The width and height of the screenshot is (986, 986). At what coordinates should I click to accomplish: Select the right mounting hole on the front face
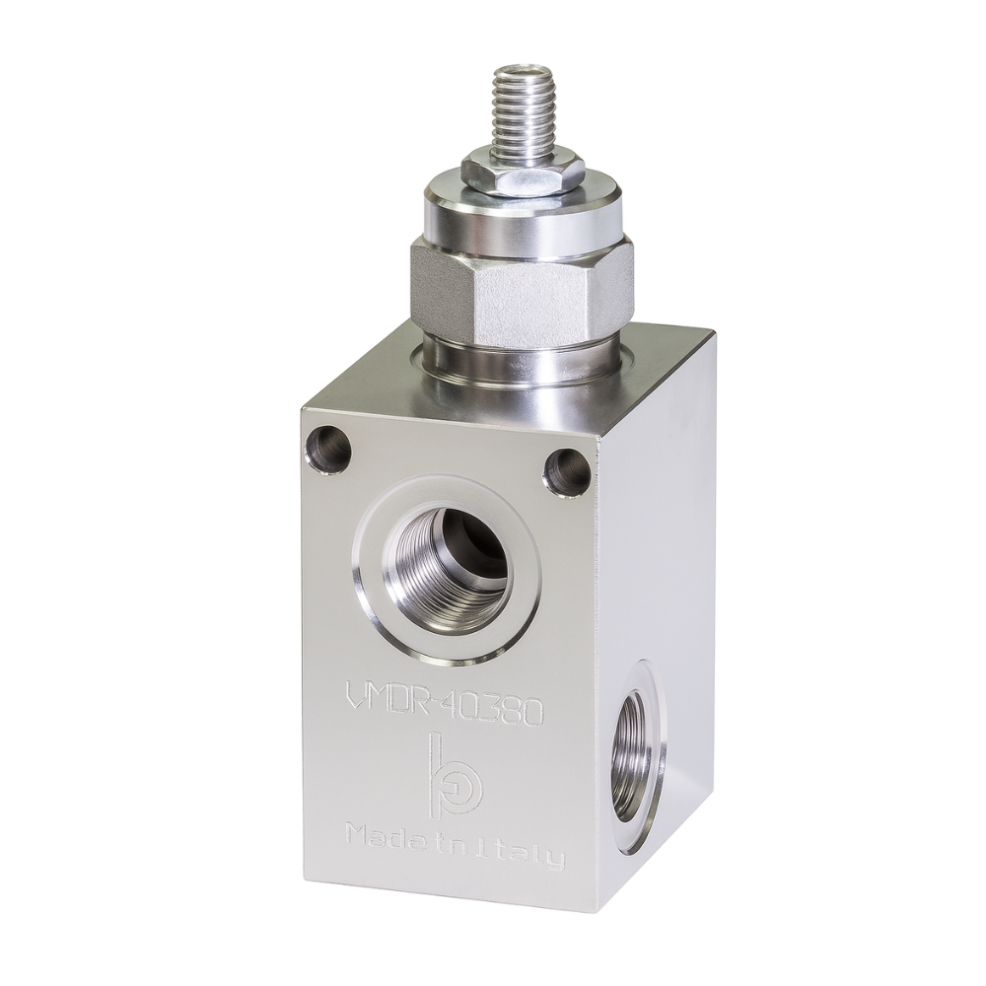tap(568, 472)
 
